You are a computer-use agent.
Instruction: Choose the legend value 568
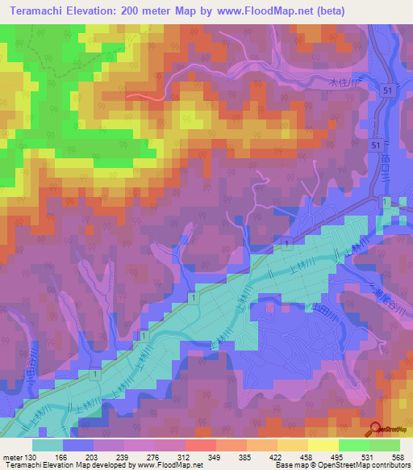click(x=396, y=456)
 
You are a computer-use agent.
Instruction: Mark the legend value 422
click(x=277, y=456)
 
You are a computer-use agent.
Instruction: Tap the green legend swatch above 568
click(x=385, y=445)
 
